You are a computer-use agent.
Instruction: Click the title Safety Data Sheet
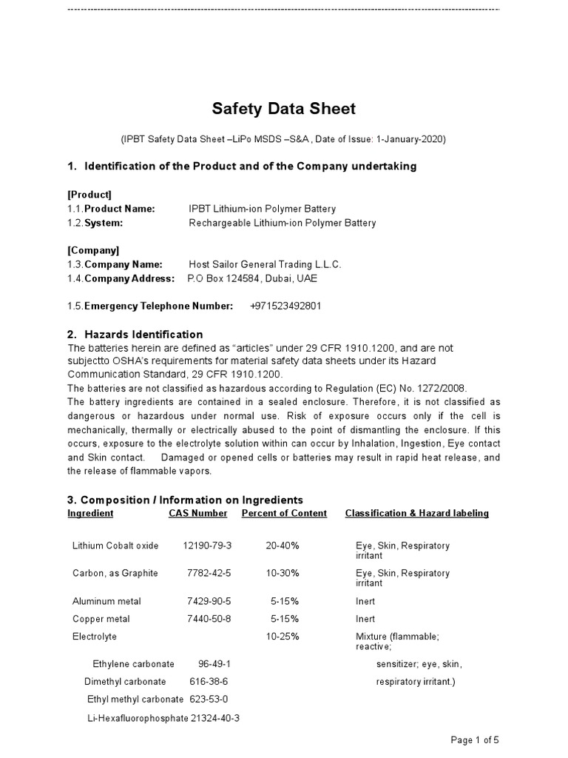tap(284, 109)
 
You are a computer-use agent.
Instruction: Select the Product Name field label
tap(119, 209)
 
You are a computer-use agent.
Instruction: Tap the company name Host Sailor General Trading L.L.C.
tap(265, 264)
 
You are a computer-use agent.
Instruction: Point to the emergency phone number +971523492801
tap(285, 306)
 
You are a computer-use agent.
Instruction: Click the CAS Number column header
tap(197, 513)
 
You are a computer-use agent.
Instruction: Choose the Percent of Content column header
tap(284, 513)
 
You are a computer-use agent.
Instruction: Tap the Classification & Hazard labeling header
tap(416, 513)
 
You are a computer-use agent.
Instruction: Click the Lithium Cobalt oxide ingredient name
tap(115, 546)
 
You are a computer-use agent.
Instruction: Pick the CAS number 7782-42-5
tap(209, 573)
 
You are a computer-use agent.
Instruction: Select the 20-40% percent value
tap(283, 546)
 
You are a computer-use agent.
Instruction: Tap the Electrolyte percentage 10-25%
tap(283, 637)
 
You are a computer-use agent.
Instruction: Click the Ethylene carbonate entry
tap(134, 664)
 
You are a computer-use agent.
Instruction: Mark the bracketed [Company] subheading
tap(93, 250)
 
